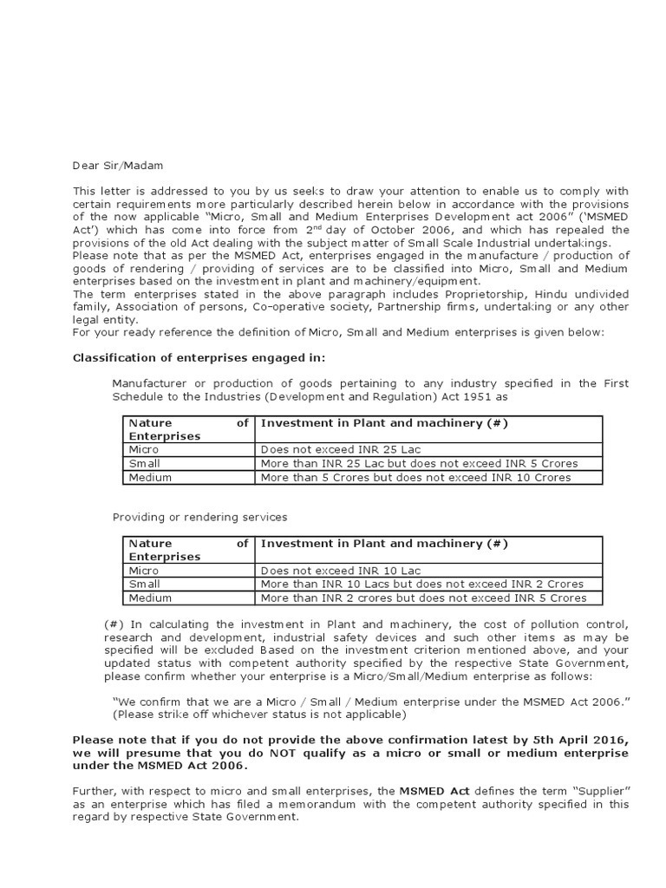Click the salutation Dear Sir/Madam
(117, 166)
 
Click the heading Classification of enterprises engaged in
(199, 357)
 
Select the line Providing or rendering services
(199, 517)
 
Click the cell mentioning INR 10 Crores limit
(415, 477)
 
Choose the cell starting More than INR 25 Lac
(419, 463)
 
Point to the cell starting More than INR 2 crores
(423, 597)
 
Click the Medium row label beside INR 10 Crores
(150, 477)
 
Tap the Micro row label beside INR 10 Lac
(144, 571)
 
